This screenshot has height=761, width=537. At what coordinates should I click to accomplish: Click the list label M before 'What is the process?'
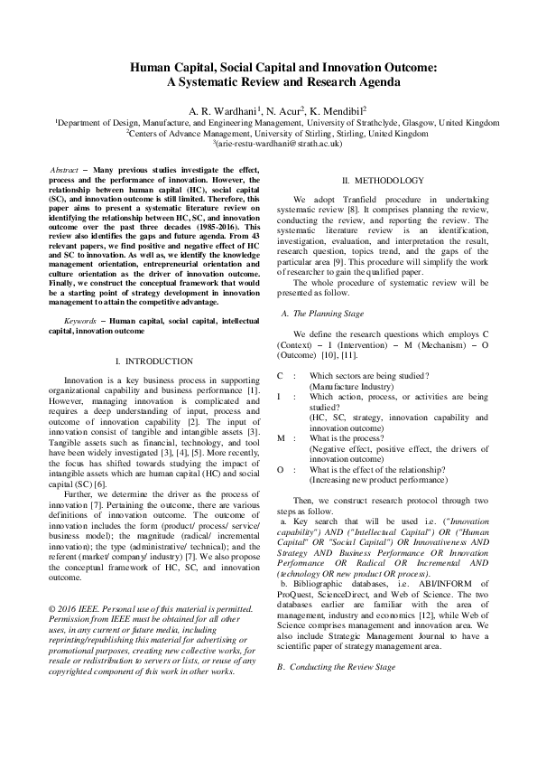(x=280, y=437)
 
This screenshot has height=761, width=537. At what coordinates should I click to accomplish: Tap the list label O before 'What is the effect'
(x=280, y=469)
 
